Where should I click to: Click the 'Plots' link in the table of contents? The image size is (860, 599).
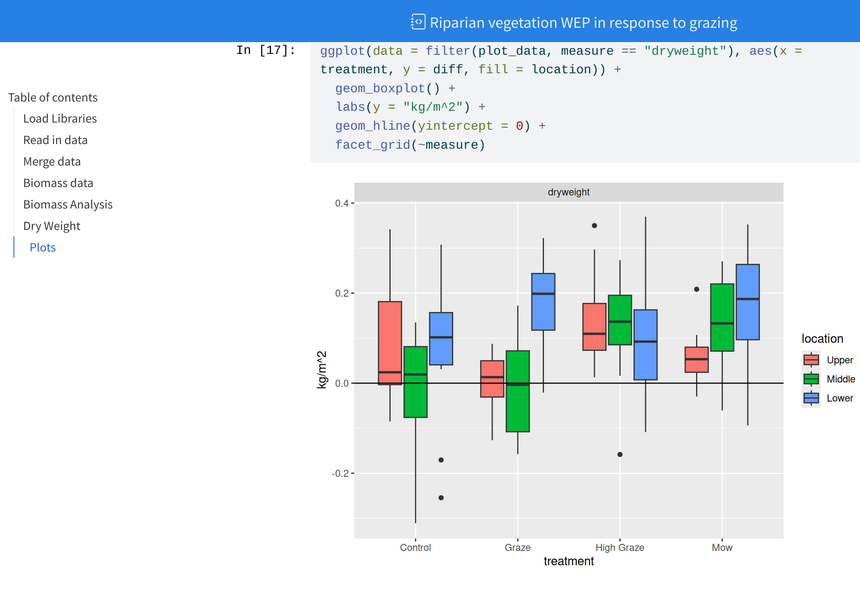point(43,247)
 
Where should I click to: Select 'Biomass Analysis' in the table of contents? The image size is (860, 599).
point(68,204)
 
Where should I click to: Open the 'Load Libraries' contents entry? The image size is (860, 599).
point(60,118)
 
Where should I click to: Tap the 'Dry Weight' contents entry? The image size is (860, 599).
point(51,226)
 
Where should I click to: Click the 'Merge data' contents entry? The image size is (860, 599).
point(52,161)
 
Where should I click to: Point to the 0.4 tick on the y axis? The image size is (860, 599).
point(342,203)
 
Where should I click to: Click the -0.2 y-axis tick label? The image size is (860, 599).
point(341,473)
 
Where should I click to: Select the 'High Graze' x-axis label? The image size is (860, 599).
point(620,548)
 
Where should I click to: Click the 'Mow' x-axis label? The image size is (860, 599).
point(722,548)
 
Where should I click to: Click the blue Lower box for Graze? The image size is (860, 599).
point(543,302)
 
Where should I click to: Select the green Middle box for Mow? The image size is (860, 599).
point(722,317)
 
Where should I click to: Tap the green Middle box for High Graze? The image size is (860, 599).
point(620,320)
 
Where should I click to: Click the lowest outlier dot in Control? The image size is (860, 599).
point(441,498)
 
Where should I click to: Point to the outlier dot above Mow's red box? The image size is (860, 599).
point(696,289)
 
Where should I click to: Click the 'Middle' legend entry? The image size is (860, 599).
point(841,379)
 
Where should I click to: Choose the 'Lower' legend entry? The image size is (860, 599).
point(839,398)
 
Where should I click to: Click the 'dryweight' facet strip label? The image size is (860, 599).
point(568,192)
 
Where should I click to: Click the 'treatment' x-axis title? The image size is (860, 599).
point(568,561)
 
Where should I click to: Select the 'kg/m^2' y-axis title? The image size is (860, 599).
point(322,369)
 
